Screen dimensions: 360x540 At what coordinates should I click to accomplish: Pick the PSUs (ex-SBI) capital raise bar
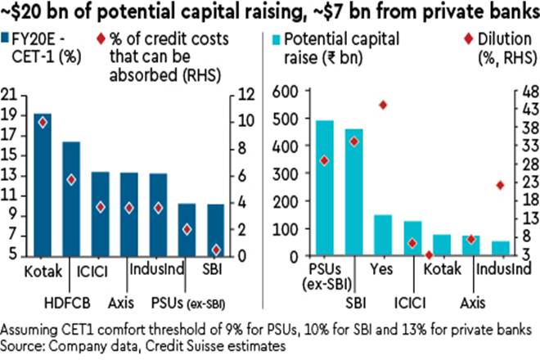pyautogui.click(x=325, y=188)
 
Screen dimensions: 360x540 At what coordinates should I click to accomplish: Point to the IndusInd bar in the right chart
pyautogui.click(x=499, y=248)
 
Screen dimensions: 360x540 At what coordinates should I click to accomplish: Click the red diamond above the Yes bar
pyautogui.click(x=382, y=105)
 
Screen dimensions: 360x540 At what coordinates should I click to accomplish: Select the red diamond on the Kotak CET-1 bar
pyautogui.click(x=43, y=122)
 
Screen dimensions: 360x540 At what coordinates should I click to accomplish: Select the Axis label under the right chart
pyautogui.click(x=470, y=301)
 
